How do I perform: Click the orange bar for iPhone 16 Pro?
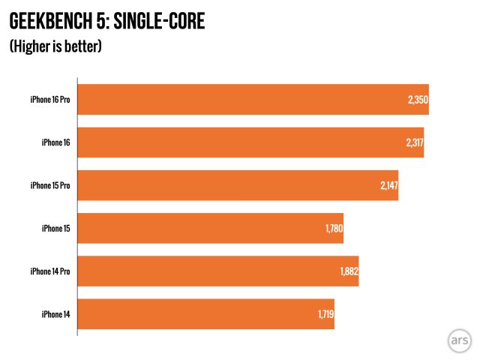pyautogui.click(x=253, y=100)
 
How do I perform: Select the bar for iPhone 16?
pyautogui.click(x=250, y=142)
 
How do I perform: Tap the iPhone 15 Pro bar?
pyautogui.click(x=238, y=185)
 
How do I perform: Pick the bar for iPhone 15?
pyautogui.click(x=210, y=228)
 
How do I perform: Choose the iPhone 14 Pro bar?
pyautogui.click(x=218, y=271)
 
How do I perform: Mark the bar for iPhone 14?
pyautogui.click(x=205, y=314)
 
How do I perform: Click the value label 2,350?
pyautogui.click(x=417, y=100)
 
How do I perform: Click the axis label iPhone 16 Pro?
pyautogui.click(x=50, y=100)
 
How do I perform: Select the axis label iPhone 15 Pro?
pyautogui.click(x=50, y=185)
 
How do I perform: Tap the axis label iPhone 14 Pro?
pyautogui.click(x=50, y=271)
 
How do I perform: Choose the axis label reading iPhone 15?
pyautogui.click(x=56, y=228)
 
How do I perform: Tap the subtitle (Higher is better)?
pyautogui.click(x=55, y=46)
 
